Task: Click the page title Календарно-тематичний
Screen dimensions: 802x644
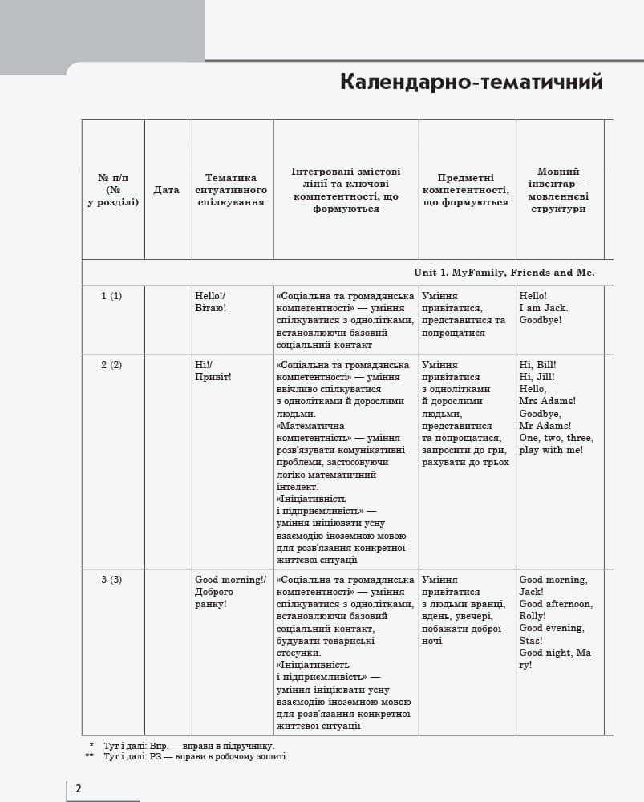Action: (x=471, y=83)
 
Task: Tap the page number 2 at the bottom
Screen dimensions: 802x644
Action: (x=78, y=788)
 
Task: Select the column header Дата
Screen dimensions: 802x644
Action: (x=167, y=190)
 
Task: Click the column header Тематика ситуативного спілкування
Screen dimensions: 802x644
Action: (x=231, y=190)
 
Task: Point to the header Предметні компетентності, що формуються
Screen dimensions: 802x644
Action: (x=466, y=190)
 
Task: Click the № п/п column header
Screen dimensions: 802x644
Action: (x=113, y=190)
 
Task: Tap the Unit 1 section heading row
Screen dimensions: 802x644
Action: (x=504, y=273)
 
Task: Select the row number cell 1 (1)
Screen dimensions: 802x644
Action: (x=111, y=296)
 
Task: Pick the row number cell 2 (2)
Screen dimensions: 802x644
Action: (x=111, y=365)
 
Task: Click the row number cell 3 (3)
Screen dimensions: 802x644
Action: (x=111, y=580)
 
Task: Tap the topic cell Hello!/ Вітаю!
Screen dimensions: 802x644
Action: (x=211, y=302)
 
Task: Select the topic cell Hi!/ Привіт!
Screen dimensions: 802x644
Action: (x=213, y=371)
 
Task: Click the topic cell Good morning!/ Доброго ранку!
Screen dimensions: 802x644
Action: (x=229, y=592)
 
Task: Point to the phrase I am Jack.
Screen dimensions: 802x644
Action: (x=543, y=308)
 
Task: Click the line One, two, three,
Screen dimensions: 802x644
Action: (x=556, y=438)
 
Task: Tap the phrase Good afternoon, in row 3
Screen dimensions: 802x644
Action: (x=556, y=604)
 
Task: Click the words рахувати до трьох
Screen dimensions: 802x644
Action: (x=465, y=462)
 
